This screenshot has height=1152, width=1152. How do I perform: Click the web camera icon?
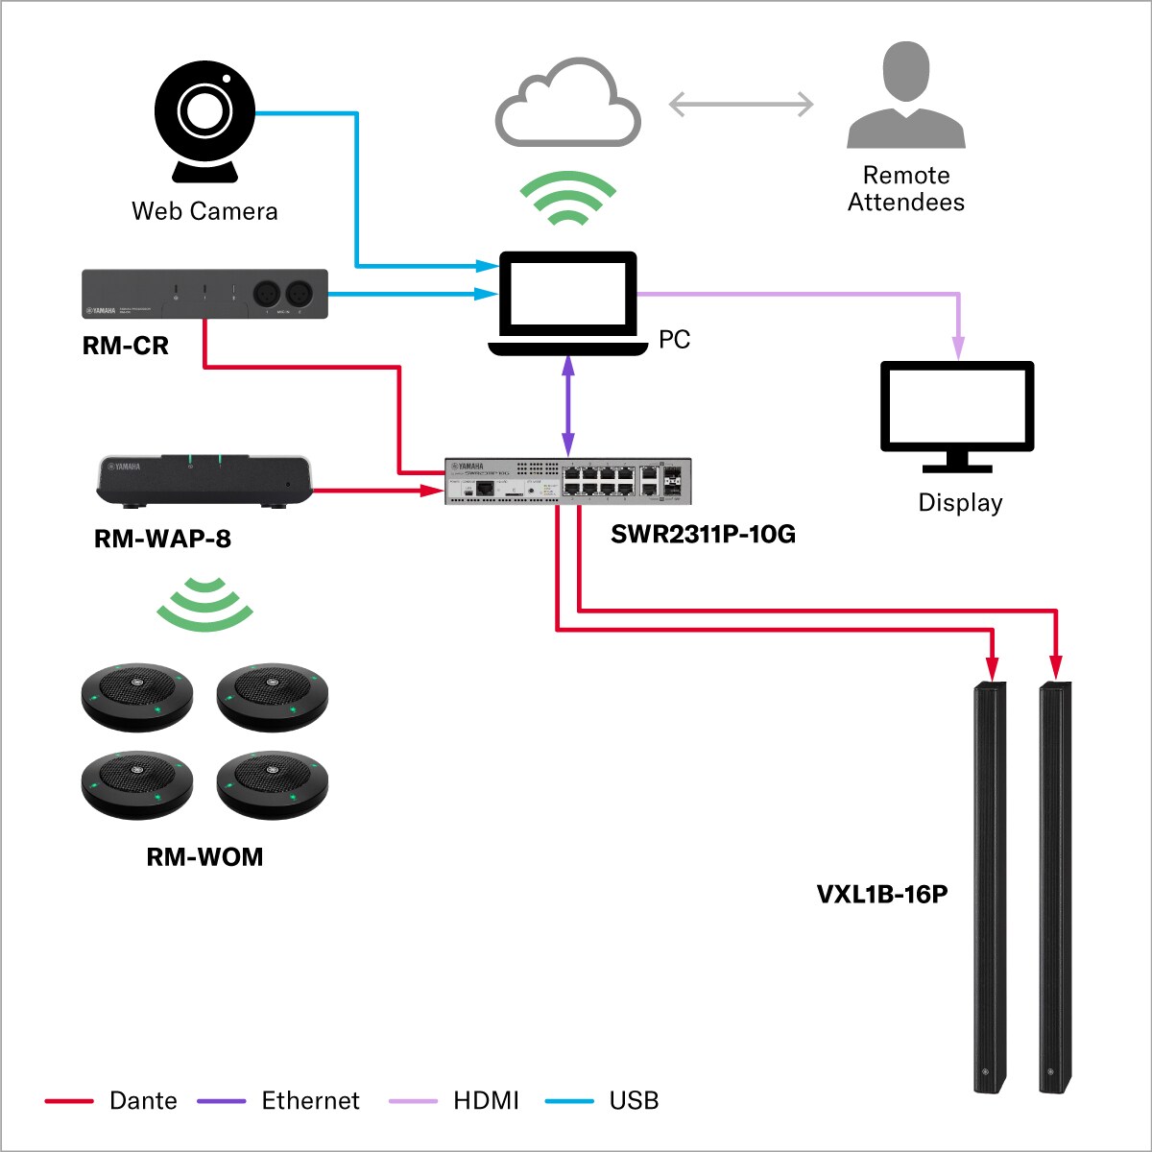(x=204, y=120)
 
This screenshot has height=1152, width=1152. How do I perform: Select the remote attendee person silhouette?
(x=905, y=96)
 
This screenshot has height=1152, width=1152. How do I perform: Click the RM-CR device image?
(x=204, y=294)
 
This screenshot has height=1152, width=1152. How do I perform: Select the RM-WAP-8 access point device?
(x=204, y=479)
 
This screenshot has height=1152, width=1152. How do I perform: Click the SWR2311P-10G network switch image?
(x=567, y=481)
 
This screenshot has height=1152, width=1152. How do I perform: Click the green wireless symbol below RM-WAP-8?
(x=204, y=605)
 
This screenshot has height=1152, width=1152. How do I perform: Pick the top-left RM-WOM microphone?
(x=137, y=696)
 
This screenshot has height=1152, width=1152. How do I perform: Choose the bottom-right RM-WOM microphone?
(x=273, y=784)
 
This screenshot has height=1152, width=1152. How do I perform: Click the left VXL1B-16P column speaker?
(x=991, y=888)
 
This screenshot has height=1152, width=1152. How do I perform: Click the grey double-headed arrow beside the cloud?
(x=740, y=104)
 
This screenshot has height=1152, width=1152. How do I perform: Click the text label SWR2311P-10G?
(x=703, y=535)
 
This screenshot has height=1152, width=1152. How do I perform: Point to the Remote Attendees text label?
(x=905, y=189)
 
